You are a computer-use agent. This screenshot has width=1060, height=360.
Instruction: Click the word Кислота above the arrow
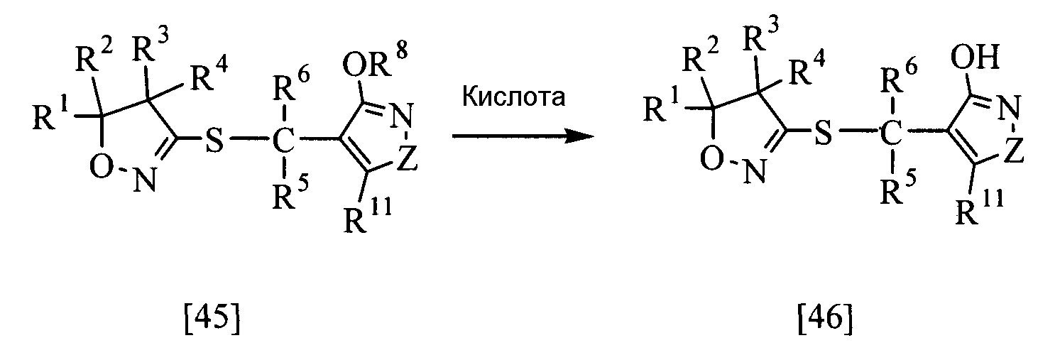[x=514, y=97]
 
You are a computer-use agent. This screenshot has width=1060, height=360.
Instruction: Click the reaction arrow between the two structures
[x=523, y=137]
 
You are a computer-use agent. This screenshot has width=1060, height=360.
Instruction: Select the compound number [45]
[x=212, y=320]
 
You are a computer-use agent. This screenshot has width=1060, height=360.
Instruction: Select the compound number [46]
[x=825, y=320]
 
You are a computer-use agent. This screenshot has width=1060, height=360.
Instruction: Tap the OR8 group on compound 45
[x=374, y=64]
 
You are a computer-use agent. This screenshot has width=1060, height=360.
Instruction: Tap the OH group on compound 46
[x=976, y=58]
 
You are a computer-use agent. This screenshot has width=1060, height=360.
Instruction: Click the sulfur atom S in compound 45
[x=215, y=140]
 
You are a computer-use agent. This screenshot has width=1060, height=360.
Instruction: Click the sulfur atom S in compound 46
[x=824, y=133]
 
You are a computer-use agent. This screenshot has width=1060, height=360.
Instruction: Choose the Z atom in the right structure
[x=1013, y=151]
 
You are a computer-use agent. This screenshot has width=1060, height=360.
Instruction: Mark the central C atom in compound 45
[x=283, y=140]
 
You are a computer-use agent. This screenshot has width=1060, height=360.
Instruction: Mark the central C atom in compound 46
[x=891, y=133]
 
